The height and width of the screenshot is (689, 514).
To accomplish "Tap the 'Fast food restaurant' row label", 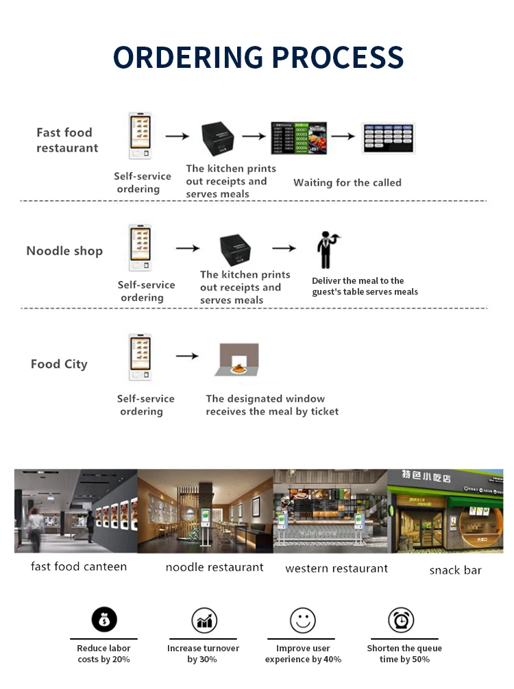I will point(67,140).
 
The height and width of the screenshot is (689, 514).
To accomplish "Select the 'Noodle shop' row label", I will point(64,251).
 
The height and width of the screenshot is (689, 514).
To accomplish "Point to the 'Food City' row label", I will point(59,364).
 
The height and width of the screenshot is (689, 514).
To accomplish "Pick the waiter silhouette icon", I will point(326,250).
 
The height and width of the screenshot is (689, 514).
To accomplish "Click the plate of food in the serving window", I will point(238,368).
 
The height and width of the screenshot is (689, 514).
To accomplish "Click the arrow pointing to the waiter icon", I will point(284,248).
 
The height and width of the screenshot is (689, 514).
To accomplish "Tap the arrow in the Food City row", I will point(187,356).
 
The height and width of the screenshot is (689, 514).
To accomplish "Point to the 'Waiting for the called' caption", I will point(347,182).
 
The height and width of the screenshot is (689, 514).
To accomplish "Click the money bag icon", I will point(104,620).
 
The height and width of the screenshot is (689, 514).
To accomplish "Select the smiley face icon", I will point(302,620).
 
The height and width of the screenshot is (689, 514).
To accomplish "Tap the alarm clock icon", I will point(401,620).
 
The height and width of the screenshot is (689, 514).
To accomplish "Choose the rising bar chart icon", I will point(204,620).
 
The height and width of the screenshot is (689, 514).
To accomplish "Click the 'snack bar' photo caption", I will point(455,570).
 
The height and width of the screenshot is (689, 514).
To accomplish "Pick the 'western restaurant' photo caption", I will point(336,568).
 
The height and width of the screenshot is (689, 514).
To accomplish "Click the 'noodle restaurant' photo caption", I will point(215,567).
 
